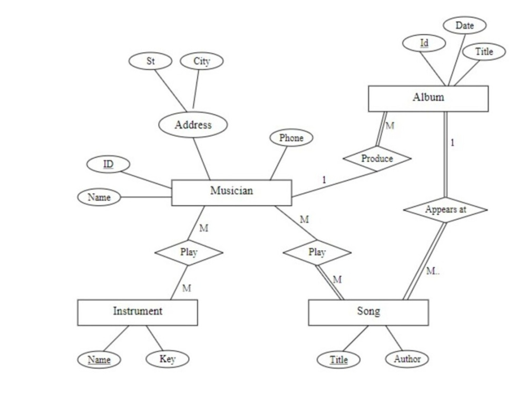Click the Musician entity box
pyautogui.click(x=231, y=192)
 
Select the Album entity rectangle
pyautogui.click(x=428, y=98)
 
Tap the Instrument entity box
pyautogui.click(x=138, y=312)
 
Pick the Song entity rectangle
pyautogui.click(x=368, y=312)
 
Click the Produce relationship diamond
pyautogui.click(x=377, y=159)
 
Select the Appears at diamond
pyautogui.click(x=445, y=209)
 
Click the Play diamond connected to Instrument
pyautogui.click(x=189, y=252)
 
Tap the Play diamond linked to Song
pyautogui.click(x=317, y=252)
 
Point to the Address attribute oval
pyautogui.click(x=193, y=125)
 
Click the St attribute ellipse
pyautogui.click(x=150, y=61)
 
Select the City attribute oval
pyautogui.click(x=201, y=61)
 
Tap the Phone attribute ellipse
pyautogui.click(x=291, y=138)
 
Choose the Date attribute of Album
pyautogui.click(x=464, y=25)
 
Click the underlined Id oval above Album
pyautogui.click(x=424, y=43)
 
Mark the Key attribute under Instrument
pyautogui.click(x=167, y=359)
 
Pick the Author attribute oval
pyautogui.click(x=407, y=359)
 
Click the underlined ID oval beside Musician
pyautogui.click(x=108, y=164)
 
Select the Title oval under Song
pyautogui.click(x=339, y=360)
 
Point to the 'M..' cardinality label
pyautogui.click(x=433, y=271)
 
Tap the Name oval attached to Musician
pyautogui.click(x=99, y=197)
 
